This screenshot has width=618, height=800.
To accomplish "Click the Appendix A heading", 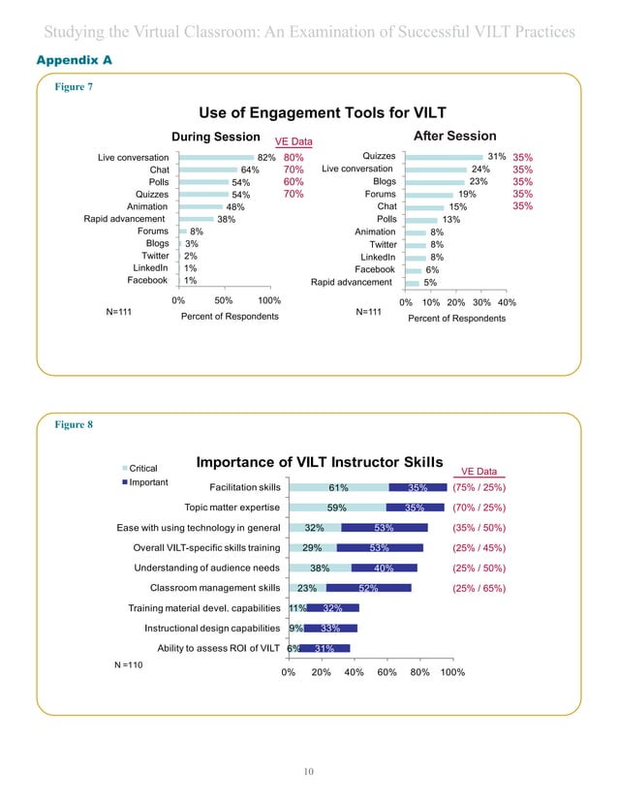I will click(x=75, y=60).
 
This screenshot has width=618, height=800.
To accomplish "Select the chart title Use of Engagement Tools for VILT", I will click(x=309, y=112).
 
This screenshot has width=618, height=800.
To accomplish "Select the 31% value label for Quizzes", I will click(x=497, y=156).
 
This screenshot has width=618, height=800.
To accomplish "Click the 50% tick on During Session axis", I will click(x=223, y=301).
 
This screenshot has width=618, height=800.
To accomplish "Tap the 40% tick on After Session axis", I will click(x=506, y=303).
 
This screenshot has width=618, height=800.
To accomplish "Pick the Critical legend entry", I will click(x=143, y=467).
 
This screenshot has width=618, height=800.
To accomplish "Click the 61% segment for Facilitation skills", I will click(x=338, y=487).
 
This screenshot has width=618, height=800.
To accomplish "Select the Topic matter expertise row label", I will click(x=232, y=507).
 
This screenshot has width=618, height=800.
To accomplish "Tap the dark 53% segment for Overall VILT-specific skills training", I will click(x=379, y=547).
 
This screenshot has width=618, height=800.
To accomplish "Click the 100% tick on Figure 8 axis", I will click(x=452, y=672).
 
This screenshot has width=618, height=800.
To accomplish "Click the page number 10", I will click(x=308, y=770).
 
